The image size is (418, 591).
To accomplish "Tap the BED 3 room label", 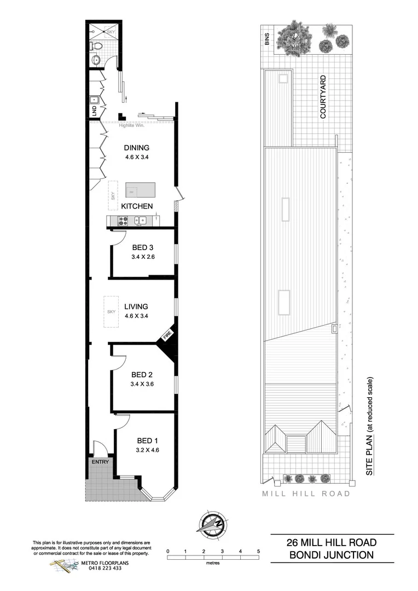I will point(143,247).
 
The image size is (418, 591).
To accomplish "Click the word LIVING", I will point(136,306).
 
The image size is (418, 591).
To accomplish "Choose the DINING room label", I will point(136,148).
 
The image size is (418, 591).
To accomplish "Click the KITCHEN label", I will point(137,206).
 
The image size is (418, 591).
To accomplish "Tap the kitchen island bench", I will point(140,190).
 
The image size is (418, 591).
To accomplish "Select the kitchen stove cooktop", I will point(123,221).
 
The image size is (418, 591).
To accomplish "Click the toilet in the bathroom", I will point(98,46).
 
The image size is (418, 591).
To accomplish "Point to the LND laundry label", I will point(94,111).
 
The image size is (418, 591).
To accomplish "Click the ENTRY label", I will point(101,462).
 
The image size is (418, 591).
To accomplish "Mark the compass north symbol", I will point(212,524).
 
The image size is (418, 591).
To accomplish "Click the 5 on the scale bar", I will point(258,551).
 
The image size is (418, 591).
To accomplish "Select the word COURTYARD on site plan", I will point(323,97).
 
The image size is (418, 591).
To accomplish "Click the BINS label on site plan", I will point(267,40).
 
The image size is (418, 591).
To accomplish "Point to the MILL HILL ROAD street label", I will point(306,494).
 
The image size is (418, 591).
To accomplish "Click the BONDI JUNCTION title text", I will point(332,554).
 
